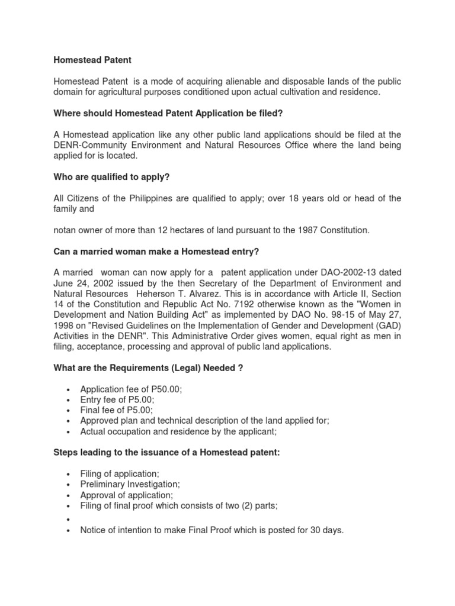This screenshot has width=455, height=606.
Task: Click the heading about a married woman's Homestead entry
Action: pos(156,252)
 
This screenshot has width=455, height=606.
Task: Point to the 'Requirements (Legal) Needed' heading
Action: pos(148,368)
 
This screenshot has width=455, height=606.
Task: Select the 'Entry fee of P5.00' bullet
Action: pos(117,399)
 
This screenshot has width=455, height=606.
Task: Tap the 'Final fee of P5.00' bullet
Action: pos(116,410)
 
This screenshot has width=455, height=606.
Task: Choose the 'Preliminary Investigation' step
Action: pos(130,484)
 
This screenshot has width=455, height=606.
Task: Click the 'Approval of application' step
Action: pos(127,495)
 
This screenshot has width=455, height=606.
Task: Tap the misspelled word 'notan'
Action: pos(66,230)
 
